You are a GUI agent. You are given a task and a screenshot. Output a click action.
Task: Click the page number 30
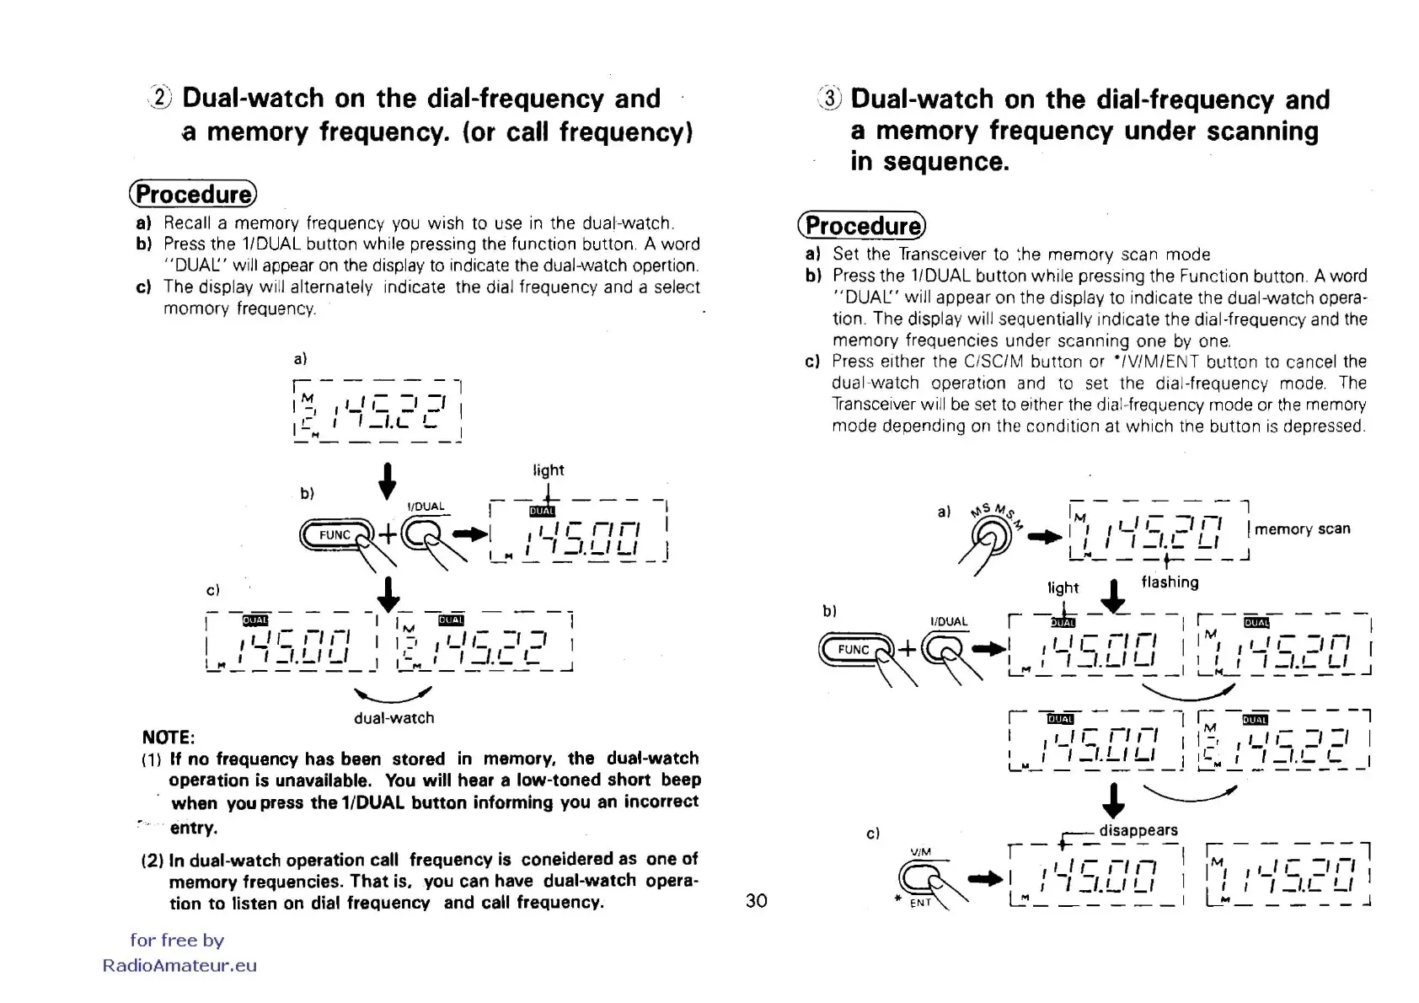coord(756,900)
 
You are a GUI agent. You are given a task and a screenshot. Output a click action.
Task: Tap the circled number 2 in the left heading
coord(160,98)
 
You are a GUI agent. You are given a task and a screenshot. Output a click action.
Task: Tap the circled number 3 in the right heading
coord(829,99)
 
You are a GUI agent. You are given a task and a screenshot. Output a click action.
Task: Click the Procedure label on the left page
coord(193,194)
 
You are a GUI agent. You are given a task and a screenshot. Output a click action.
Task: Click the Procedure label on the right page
coord(861,225)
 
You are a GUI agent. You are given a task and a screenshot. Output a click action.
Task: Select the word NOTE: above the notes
coord(168,737)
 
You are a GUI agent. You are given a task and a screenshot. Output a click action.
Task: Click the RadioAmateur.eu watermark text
coord(179,965)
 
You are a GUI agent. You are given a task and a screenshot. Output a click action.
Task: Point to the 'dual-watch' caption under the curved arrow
coord(394,717)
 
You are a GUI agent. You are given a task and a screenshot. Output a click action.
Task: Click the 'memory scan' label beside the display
coord(1302,528)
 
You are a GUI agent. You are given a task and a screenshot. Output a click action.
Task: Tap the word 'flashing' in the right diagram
coord(1170,582)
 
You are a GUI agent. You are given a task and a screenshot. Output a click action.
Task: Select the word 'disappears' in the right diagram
coord(1138,829)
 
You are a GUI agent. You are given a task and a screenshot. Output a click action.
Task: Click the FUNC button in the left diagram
coord(335,534)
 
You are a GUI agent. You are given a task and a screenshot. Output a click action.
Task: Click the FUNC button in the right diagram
coord(853,649)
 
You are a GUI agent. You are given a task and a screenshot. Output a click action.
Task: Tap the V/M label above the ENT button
coord(920,851)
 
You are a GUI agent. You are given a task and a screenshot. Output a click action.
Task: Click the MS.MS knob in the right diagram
coord(991,534)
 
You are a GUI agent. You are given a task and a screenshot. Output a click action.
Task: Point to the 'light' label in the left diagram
coord(548,469)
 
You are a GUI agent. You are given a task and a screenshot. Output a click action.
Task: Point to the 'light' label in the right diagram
coord(1063,587)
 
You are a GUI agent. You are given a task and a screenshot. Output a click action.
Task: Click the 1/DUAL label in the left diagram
coord(426,506)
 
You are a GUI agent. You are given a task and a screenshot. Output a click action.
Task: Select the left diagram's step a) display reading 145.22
coord(377,410)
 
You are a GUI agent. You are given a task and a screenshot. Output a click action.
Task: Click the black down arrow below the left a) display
coord(387,480)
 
